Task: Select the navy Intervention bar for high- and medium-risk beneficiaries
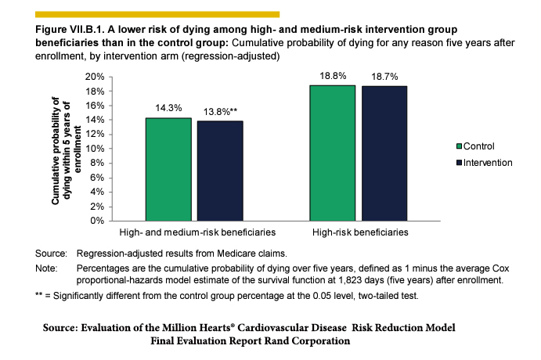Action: [219, 170]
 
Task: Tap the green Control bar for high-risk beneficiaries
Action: [334, 153]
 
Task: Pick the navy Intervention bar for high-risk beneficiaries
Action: [384, 153]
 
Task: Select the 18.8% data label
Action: [334, 77]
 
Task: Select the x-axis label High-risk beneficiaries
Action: [360, 233]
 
